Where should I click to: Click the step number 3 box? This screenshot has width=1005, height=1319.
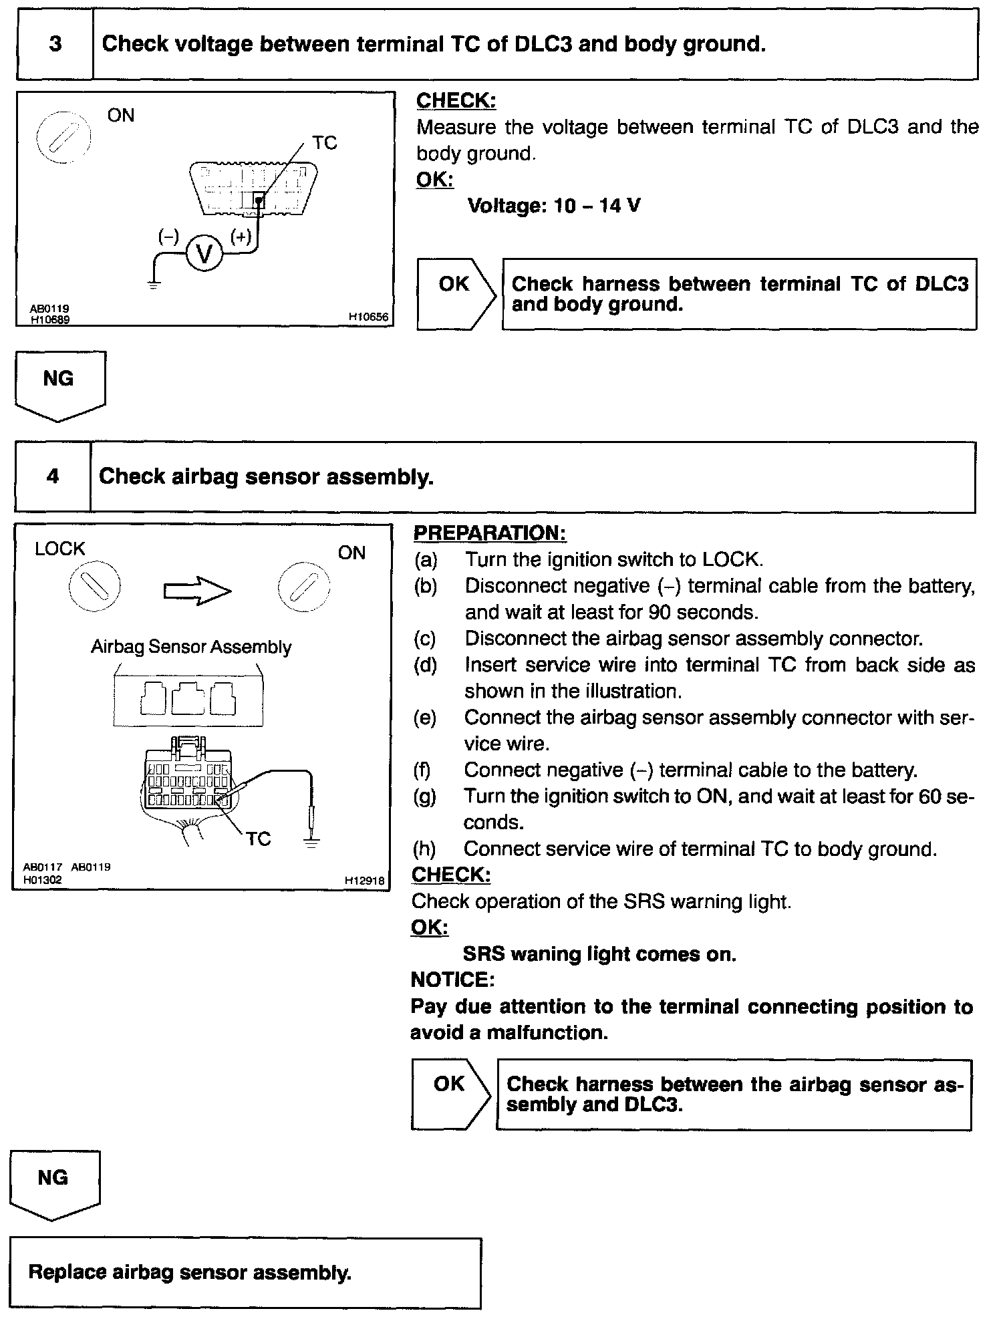coord(55,44)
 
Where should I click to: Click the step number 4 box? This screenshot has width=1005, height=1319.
coord(53,476)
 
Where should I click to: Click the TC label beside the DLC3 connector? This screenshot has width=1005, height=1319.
coord(325,143)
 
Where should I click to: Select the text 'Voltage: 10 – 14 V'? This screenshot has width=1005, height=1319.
coord(554,205)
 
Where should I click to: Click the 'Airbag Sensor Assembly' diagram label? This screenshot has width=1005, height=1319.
coord(191,647)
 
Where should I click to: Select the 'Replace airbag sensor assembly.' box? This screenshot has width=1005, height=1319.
coord(245,1272)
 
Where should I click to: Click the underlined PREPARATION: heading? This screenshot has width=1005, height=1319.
coord(490,533)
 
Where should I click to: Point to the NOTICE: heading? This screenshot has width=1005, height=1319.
coord(452,980)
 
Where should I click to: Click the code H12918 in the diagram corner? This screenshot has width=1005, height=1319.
coord(365,881)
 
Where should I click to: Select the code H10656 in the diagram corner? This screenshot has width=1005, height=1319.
coord(368,317)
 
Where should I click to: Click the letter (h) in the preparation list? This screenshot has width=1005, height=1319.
coord(424,849)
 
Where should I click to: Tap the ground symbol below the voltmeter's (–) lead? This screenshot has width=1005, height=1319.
coord(154,283)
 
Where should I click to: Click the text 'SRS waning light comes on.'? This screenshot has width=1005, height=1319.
coord(599,954)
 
